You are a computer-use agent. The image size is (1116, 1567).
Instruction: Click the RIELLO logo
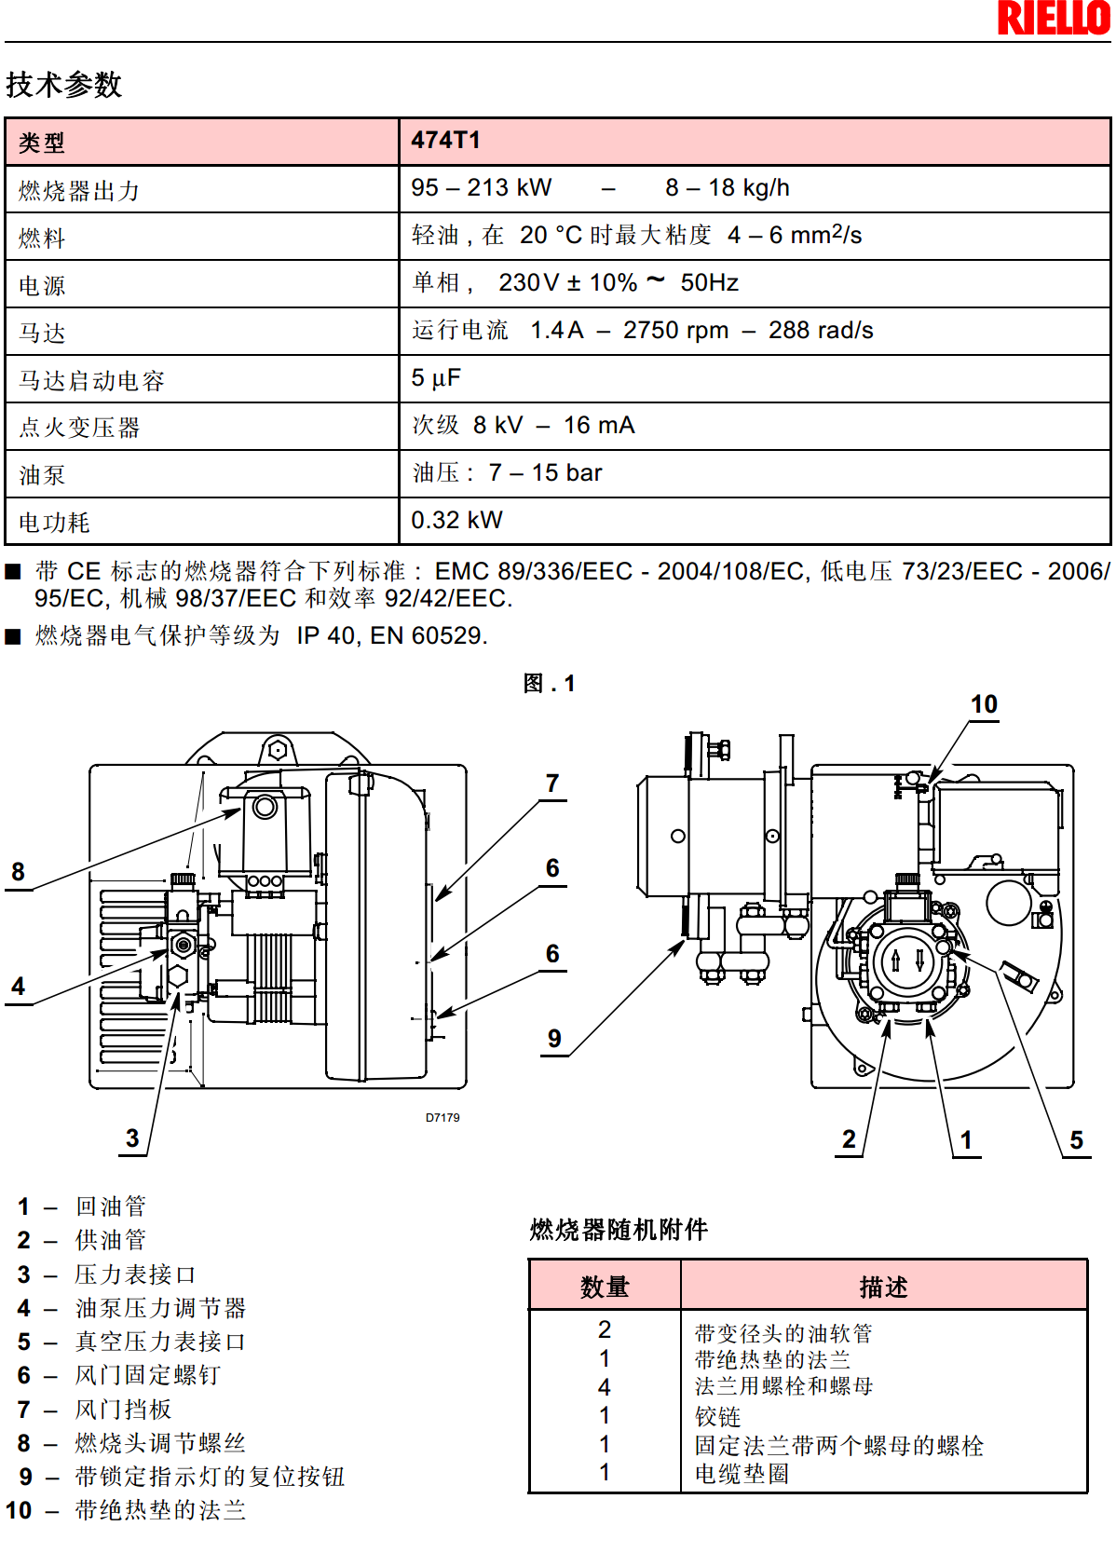point(1053,19)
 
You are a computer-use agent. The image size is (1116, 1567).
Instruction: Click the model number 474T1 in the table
point(446,141)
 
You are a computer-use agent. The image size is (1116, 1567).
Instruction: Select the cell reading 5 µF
point(436,378)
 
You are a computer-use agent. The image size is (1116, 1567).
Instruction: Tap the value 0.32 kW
point(456,520)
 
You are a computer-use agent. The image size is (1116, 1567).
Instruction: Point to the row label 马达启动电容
point(91,380)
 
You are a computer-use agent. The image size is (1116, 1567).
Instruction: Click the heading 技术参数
point(63,85)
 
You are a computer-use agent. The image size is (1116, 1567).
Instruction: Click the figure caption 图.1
point(549,684)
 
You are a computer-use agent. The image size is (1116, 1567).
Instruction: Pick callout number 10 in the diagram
point(984,704)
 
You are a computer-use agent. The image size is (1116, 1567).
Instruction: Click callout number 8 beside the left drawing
point(18,872)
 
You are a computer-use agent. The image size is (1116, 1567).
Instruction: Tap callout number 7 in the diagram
point(552,783)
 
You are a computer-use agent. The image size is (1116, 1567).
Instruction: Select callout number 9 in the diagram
point(554,1039)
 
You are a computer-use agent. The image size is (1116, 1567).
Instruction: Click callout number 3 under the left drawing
point(132,1138)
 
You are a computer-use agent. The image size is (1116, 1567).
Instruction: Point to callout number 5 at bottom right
point(1076,1140)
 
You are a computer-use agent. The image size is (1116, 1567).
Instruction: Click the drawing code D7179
point(442,1118)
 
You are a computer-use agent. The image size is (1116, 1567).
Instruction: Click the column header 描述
point(883,1288)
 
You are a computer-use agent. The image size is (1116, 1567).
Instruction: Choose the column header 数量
point(605,1288)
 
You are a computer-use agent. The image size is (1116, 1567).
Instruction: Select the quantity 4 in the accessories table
point(605,1387)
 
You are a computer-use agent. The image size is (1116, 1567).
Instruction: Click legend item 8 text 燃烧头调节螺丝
point(160,1443)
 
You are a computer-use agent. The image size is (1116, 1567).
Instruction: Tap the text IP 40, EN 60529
point(392,636)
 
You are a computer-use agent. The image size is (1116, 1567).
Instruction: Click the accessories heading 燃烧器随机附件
point(619,1230)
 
